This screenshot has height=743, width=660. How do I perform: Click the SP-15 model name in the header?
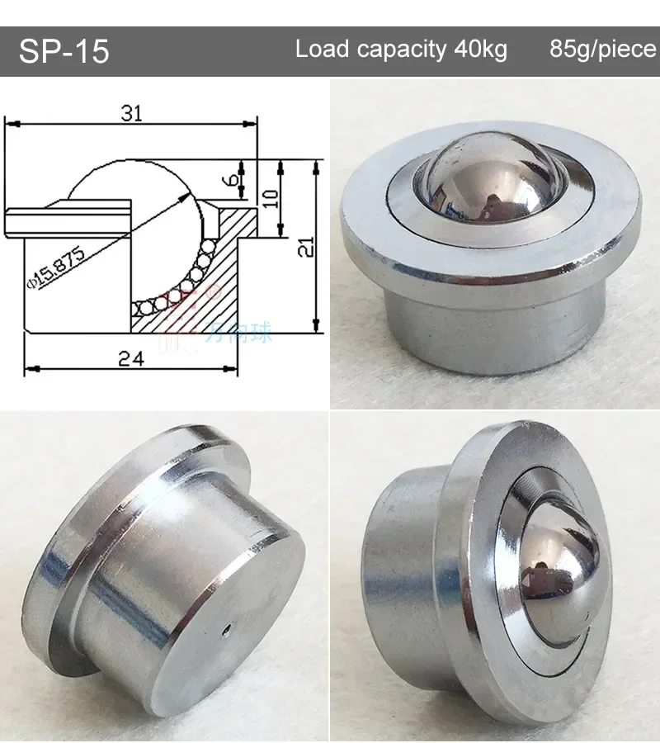pos(64,51)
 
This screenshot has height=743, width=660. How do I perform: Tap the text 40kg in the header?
pos(480,50)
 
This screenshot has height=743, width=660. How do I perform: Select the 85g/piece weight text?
pos(602,50)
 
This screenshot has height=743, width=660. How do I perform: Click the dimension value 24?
pos(130,358)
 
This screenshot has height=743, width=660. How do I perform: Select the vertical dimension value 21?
pos(307,245)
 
